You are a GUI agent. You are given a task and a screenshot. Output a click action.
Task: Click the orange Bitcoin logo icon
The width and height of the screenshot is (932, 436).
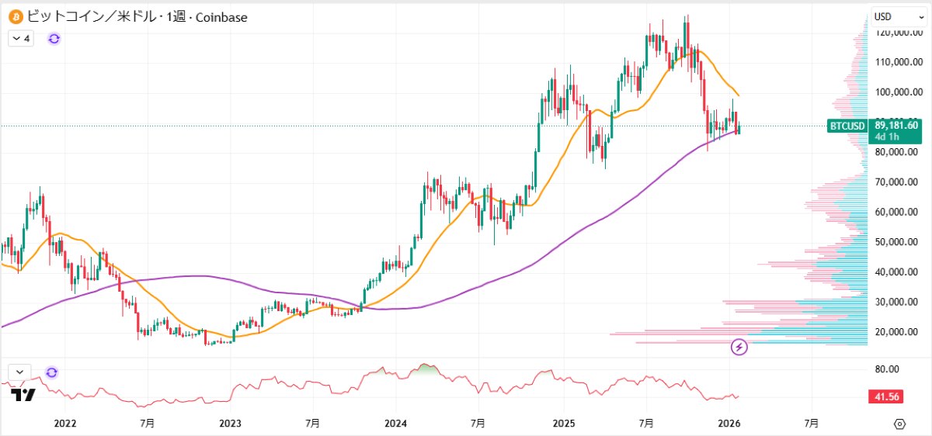[14, 16]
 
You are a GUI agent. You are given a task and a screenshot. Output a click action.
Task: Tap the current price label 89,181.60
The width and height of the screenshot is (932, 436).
[896, 124]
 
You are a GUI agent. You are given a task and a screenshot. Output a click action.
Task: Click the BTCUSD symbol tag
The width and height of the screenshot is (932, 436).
[847, 126]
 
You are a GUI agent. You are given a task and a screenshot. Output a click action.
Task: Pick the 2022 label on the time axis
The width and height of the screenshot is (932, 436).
[65, 424]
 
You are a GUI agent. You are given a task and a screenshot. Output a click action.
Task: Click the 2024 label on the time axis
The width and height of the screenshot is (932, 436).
[395, 424]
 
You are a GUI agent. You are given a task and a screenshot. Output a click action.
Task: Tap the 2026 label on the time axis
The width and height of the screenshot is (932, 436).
[728, 424]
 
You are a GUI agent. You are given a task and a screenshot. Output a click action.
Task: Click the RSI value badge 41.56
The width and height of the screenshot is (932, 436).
[886, 396]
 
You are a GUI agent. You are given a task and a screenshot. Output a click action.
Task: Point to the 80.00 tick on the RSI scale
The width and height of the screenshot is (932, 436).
[886, 369]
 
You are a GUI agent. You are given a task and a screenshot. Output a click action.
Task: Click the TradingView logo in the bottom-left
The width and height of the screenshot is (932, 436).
[23, 395]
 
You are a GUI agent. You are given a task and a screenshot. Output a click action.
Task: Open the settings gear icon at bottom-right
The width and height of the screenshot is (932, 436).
[899, 424]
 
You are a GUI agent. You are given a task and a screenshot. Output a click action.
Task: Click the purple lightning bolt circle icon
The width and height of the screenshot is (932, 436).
[739, 347]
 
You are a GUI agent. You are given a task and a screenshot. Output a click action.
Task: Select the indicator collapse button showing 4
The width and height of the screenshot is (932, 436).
[21, 38]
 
